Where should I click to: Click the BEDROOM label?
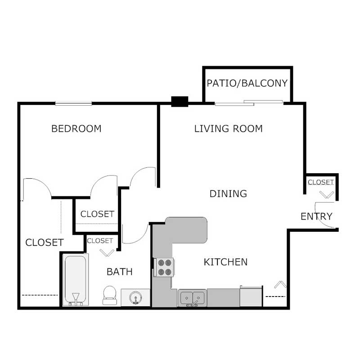click(x=76, y=129)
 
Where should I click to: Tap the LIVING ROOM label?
click(x=228, y=129)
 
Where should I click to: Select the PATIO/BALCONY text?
click(x=247, y=83)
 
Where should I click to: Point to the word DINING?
click(x=228, y=194)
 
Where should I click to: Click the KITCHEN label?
click(x=225, y=262)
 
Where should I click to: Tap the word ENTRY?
click(x=316, y=216)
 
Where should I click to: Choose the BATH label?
click(x=119, y=272)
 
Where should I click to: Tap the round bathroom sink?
click(x=135, y=297)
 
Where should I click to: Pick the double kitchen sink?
click(x=193, y=297)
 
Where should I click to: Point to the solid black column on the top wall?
click(x=180, y=102)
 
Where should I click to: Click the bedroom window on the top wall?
click(x=73, y=103)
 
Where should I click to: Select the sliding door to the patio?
click(x=248, y=103)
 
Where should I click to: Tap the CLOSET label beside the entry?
click(x=320, y=182)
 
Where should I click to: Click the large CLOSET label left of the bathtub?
click(x=44, y=243)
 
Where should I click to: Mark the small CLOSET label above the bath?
click(x=100, y=241)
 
